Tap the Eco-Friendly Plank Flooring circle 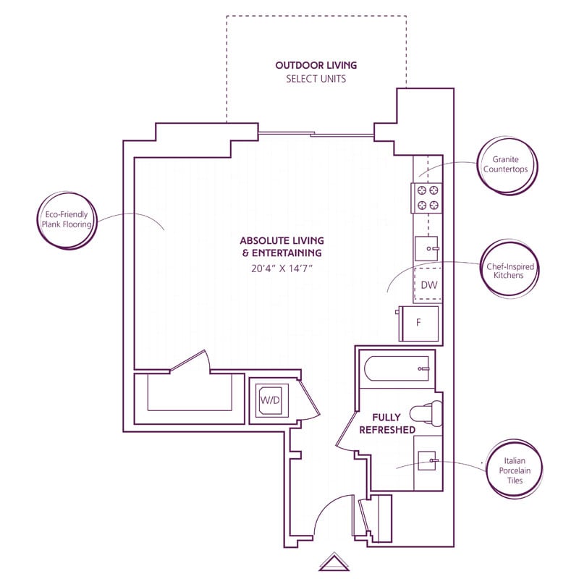(67, 220)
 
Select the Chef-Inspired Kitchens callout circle (510, 271)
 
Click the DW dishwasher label (429, 284)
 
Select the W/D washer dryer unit (269, 400)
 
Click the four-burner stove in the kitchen (427, 198)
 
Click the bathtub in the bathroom (397, 371)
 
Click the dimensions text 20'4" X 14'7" (282, 269)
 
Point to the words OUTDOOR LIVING (316, 65)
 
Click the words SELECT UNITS (316, 79)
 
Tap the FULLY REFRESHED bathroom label (394, 423)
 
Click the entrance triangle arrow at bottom (334, 562)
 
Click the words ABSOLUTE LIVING (282, 240)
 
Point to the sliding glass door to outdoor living (316, 134)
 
